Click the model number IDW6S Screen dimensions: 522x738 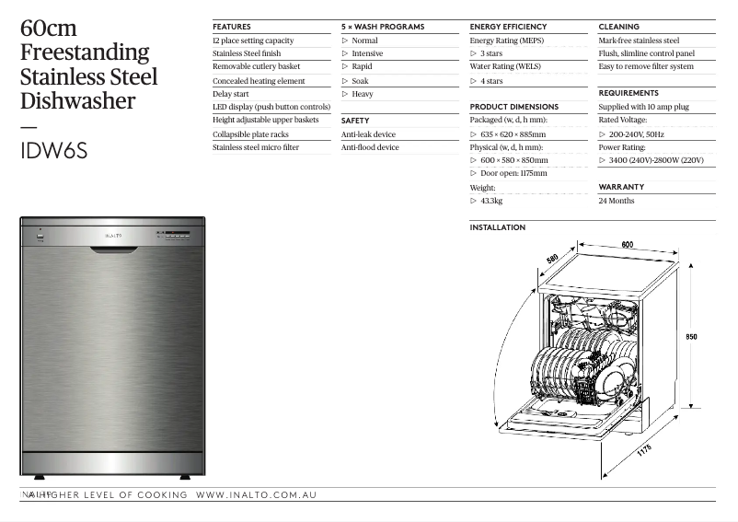pos(53,151)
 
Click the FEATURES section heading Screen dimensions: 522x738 pos(231,27)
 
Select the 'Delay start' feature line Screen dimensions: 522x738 pos(231,94)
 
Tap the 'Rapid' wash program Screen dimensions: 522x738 pos(362,67)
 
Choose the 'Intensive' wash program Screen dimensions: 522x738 pos(367,53)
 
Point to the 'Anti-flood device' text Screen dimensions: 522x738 pos(370,147)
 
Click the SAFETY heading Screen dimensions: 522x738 pos(355,121)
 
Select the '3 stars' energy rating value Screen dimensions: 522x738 pos(491,54)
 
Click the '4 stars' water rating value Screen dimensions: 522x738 pos(491,81)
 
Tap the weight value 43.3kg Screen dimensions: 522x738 pos(491,201)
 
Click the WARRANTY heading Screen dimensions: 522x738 pos(621,187)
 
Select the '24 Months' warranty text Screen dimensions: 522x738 pos(616,201)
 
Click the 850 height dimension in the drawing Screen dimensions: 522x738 pos(691,337)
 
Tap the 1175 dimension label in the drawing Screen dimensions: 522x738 pos(643,451)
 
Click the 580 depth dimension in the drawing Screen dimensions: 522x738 pos(553,260)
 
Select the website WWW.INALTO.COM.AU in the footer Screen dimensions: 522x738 pos(257,495)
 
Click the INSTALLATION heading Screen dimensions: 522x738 pos(497,227)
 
